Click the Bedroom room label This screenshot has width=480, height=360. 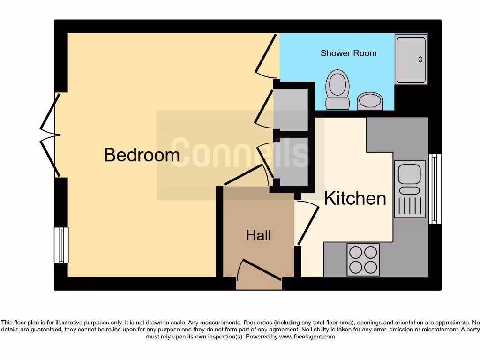tap(142, 155)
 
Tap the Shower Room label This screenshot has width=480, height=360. tap(348, 53)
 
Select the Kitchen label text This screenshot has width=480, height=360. tap(355, 198)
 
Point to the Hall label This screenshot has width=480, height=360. tap(259, 235)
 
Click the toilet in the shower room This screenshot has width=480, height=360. tap(337, 89)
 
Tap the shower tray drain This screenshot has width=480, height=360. tap(420, 60)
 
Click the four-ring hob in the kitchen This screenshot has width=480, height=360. tap(363, 260)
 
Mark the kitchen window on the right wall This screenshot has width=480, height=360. tap(435, 188)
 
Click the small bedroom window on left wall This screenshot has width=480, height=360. tap(61, 245)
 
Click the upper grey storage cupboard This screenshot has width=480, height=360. tap(291, 109)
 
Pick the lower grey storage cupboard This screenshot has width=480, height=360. tap(291, 162)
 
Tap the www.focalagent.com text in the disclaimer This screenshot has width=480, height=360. tap(307, 337)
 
